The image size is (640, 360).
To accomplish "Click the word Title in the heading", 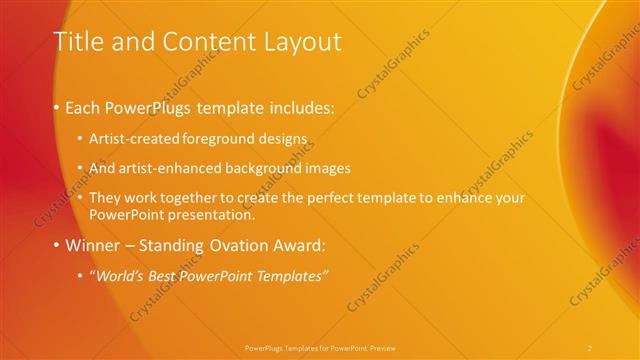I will click(77, 42).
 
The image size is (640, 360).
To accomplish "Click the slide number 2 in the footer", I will click(590, 347).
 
